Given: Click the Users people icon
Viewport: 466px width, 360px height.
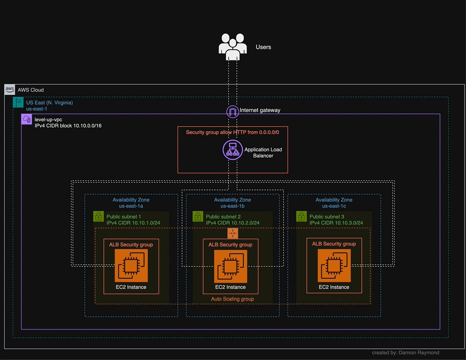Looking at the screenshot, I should [233, 46].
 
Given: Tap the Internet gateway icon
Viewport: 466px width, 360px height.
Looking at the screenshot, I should [233, 112].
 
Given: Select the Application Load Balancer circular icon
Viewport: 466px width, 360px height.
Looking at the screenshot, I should [233, 150].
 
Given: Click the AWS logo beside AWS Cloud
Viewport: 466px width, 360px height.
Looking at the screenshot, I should [10, 90].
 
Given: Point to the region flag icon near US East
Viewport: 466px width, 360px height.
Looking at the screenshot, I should [18, 102].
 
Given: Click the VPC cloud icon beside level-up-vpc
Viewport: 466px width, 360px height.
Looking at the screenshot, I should [27, 119].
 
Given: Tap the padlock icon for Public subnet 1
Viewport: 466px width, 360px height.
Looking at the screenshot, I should [99, 217].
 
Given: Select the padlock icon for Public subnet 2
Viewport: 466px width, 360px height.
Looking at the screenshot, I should [198, 217].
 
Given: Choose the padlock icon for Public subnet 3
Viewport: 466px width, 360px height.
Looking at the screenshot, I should [302, 217].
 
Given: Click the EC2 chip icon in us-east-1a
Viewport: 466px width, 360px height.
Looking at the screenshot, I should [131, 266].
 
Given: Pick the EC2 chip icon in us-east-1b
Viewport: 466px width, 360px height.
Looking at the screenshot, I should [230, 266].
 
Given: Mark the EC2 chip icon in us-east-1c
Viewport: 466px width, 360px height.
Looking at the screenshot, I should [334, 266].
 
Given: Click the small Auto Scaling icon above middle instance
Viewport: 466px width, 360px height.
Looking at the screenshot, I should [233, 233].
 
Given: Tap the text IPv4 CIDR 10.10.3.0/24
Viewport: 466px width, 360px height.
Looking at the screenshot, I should [336, 223].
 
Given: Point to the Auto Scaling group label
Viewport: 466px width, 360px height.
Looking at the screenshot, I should [233, 299].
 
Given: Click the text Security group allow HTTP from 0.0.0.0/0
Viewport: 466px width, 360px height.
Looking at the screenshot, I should [233, 132].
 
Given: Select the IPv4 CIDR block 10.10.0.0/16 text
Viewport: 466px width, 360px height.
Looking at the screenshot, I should [68, 126].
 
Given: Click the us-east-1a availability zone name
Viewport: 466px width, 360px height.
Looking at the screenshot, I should [131, 206].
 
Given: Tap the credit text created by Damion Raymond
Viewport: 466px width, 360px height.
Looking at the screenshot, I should [406, 352].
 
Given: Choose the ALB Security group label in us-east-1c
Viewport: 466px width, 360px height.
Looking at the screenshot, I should [334, 244].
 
